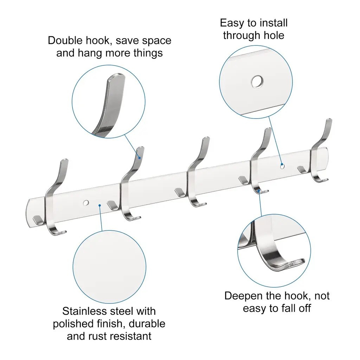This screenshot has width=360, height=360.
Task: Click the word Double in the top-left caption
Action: pos(65,41)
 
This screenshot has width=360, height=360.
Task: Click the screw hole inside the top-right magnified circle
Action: pos(257,82)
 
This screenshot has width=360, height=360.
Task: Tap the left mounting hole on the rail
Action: pos(86,203)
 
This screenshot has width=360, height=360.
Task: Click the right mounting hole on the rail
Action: pos(282,166)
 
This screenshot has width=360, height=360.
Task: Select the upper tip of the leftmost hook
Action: pos(65,160)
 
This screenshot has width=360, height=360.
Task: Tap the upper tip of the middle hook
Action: pos(206,138)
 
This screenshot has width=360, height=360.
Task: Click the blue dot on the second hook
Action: pos(139,158)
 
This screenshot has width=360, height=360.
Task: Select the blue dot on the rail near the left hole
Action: pos(99,205)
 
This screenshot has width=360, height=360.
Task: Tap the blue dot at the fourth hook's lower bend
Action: pos(259,191)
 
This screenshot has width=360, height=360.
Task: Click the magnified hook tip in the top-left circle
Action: pos(117,77)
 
